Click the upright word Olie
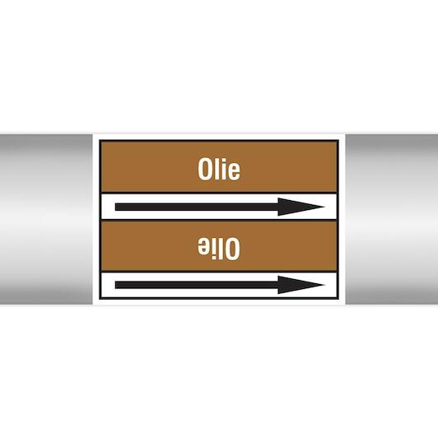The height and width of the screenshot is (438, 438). pos(219,170)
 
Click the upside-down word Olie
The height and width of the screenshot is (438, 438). pos(219,249)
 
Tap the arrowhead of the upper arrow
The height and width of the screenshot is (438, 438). pos(301,207)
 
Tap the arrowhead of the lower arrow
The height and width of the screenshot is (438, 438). pos(301,285)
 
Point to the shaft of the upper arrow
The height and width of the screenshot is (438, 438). pos(197,207)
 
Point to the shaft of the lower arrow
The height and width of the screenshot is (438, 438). pos(197,285)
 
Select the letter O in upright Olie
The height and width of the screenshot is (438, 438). pos(204,170)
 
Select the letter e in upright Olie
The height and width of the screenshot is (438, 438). pos(234,172)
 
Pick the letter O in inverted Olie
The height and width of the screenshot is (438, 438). pos(233,249)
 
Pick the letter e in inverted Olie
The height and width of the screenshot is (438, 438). pos(204,247)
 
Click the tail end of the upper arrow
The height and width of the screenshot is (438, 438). pos(115,207)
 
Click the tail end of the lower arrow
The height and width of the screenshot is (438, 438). pos(115,285)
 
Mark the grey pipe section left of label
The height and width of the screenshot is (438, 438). pos(46,219)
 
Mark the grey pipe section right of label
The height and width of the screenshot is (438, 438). pos(392,219)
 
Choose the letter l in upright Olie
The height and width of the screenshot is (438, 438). pos(217,170)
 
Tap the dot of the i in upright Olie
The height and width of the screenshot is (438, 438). pos(223,161)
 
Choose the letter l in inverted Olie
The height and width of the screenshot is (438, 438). pos(222,249)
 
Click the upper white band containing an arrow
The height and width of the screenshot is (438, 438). pos(219,207)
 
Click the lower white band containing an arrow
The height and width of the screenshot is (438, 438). pos(219,285)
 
